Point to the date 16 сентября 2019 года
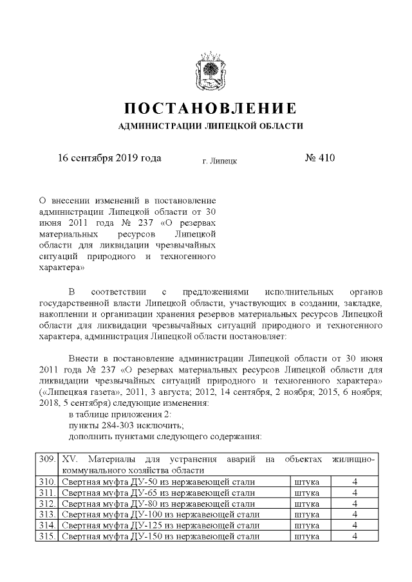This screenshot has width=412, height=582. pyautogui.click(x=109, y=158)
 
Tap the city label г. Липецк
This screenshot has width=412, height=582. pyautogui.click(x=220, y=160)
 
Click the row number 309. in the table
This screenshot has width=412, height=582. pyautogui.click(x=46, y=460)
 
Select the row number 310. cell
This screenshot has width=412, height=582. pyautogui.click(x=46, y=482)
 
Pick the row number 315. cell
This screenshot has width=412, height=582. pyautogui.click(x=46, y=536)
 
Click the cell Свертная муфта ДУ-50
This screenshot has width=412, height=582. pyautogui.click(x=158, y=482)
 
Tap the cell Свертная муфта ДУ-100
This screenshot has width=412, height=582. pyautogui.click(x=161, y=514)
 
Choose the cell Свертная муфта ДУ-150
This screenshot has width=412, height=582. pyautogui.click(x=161, y=536)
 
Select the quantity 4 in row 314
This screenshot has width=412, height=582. pyautogui.click(x=355, y=525)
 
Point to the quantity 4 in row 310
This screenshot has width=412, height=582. pyautogui.click(x=355, y=482)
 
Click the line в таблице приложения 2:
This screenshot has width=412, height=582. pyautogui.click(x=119, y=414)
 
